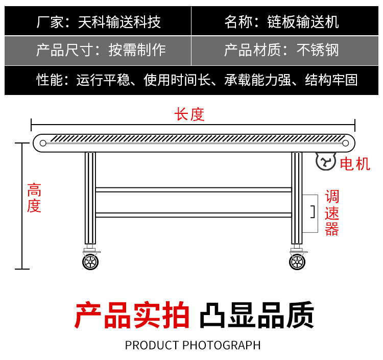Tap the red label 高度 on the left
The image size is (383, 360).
34,199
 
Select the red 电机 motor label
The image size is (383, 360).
355,164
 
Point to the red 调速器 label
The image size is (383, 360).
332,213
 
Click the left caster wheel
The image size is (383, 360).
90,262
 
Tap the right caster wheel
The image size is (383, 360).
296,262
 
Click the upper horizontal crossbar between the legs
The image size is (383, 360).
193,189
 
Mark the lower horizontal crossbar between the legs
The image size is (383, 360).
193,215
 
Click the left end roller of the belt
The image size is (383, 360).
43,142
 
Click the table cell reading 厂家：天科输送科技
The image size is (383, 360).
99,21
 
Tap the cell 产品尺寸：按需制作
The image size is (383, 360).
101,50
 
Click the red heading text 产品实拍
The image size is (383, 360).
132,315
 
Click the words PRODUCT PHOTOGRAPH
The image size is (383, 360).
193,345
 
